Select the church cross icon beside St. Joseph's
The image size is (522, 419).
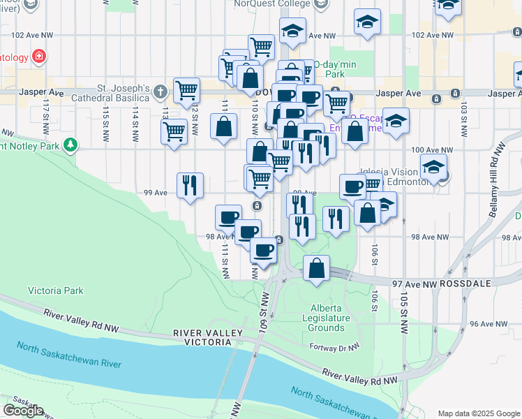161,91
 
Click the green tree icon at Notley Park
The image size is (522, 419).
70,145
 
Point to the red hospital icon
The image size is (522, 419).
40,56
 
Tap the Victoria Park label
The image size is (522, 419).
55,291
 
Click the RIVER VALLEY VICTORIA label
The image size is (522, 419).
202,338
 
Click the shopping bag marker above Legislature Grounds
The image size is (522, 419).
317,267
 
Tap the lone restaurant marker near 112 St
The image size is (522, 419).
190,185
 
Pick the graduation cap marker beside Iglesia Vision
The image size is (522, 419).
433,168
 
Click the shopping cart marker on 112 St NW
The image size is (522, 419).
187,89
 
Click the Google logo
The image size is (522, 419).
23,411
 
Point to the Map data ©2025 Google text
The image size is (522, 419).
478,413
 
